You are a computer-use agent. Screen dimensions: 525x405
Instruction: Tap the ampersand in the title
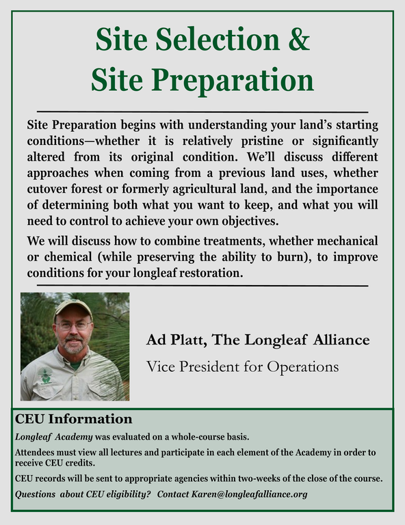tap(298, 40)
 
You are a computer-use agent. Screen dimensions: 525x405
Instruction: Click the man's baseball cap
tap(72, 306)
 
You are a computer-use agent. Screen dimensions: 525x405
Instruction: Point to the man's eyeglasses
tap(74, 325)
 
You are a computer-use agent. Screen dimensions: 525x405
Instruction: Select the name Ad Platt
tap(174, 340)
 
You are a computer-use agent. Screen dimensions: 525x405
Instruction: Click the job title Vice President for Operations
tap(242, 366)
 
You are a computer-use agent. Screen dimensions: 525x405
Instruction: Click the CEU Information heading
tap(73, 418)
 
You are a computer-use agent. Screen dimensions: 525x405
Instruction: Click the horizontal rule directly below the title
tap(202, 111)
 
